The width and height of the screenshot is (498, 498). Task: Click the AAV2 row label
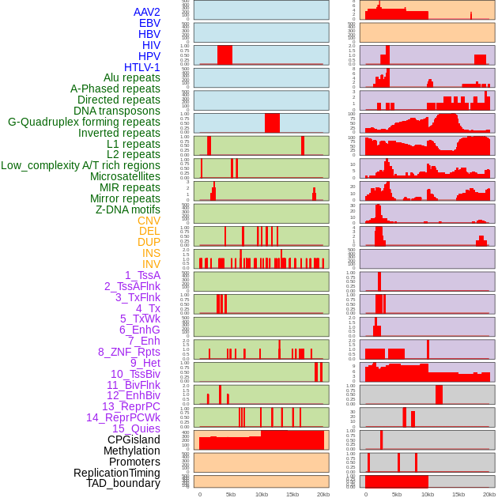pos(146,12)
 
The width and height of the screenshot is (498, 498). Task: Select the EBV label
pos(149,23)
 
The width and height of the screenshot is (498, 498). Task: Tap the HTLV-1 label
pos(141,67)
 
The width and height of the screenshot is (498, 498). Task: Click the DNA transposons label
pos(117,111)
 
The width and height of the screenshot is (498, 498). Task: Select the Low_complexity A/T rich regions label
pos(81,165)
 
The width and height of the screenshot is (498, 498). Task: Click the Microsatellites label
pos(125,176)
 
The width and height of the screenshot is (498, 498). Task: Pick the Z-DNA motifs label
pos(128,209)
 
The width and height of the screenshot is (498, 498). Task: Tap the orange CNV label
pos(149,221)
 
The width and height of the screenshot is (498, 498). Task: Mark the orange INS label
pos(151,253)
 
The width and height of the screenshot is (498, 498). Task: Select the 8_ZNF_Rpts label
pos(129,352)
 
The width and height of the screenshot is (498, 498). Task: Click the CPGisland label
pos(134,440)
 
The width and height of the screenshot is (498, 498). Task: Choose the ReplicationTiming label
pos(117,473)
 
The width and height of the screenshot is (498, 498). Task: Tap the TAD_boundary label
pos(123,483)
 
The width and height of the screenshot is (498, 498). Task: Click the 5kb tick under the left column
pos(231,494)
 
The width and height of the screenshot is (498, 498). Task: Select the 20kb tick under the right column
pos(489,494)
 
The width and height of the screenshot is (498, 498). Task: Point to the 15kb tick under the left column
pos(292,494)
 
